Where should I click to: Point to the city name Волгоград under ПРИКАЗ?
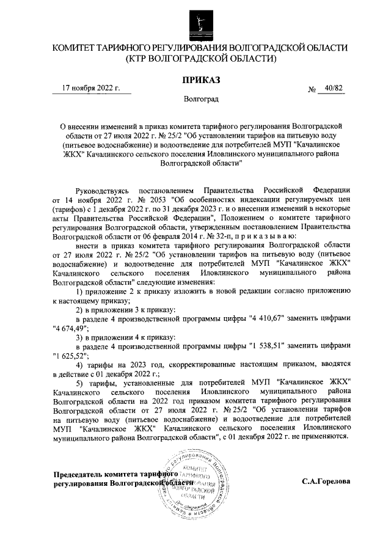click(x=201, y=98)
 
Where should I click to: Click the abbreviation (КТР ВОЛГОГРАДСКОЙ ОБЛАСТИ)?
click(x=200, y=59)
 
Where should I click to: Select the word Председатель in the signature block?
click(x=79, y=474)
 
